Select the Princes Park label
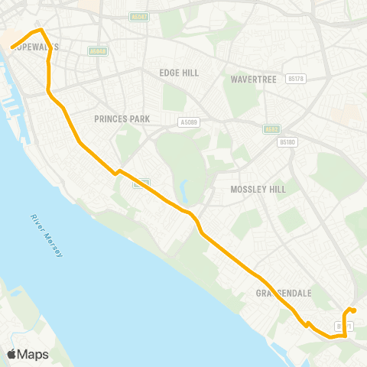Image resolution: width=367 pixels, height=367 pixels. (122, 119)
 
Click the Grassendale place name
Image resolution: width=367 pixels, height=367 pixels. (283, 293)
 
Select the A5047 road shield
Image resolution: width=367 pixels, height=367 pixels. (138, 16)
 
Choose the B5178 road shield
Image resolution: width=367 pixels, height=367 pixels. (297, 78)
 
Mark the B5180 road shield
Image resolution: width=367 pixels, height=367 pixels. (287, 141)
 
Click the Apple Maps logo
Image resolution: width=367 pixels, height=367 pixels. (28, 354)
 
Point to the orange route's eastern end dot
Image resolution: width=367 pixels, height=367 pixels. (354, 310)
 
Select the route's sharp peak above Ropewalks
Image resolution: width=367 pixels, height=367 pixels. (41, 31)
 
